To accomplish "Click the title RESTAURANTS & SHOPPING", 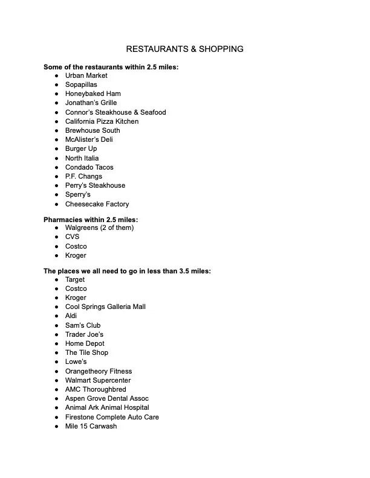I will tap(184, 49).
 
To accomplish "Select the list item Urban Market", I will tap(86, 75).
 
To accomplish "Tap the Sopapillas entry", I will tap(81, 84).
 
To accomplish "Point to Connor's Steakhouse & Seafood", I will tap(115, 112).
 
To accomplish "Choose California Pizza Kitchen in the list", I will tap(102, 121).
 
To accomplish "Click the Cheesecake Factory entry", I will tap(97, 204).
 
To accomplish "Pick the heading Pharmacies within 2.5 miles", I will tap(95, 219).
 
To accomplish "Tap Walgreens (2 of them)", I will tap(99, 228).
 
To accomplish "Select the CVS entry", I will tap(72, 237).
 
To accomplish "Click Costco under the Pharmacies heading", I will tap(76, 246).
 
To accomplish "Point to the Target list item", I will tap(75, 279).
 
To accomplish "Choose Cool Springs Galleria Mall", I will tap(105, 307).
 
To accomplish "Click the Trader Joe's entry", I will tap(84, 334).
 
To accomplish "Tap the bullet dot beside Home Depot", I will tap(56, 343).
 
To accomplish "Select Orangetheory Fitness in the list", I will tap(98, 371).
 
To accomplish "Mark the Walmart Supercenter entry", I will tap(97, 380).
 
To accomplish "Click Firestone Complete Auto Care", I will tap(112, 417).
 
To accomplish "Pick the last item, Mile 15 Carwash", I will tap(91, 426).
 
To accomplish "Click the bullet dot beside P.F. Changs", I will tap(56, 176).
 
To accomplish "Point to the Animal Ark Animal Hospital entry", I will tap(107, 407).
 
